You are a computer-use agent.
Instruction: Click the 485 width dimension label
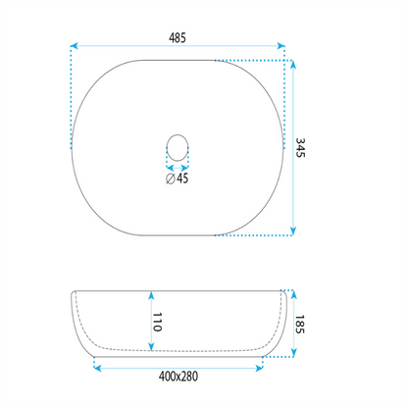click(x=178, y=38)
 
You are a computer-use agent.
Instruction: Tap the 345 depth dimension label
click(x=300, y=148)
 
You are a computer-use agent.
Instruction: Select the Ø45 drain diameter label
click(x=178, y=178)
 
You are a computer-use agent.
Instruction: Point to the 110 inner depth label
click(x=158, y=322)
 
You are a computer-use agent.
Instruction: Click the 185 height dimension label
click(x=300, y=325)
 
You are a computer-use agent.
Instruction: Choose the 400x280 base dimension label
click(x=178, y=377)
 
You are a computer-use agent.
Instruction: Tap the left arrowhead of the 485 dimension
click(x=75, y=46)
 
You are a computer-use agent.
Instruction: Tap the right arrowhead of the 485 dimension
click(x=280, y=46)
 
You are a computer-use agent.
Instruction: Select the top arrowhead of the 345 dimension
click(x=293, y=65)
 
